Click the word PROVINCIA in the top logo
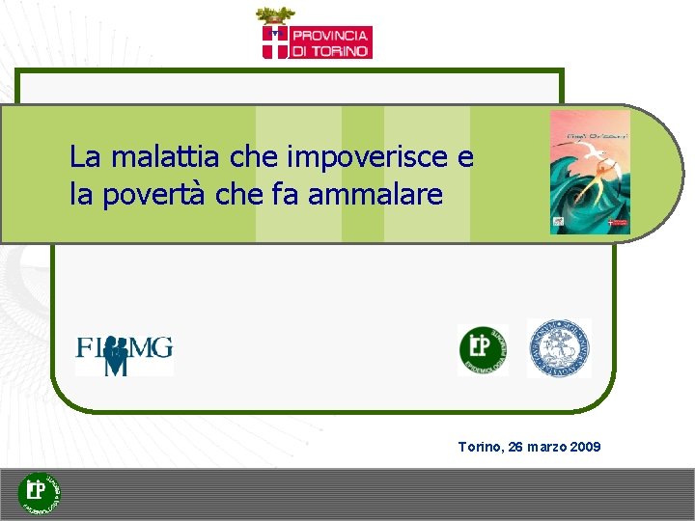332,35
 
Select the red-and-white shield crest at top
276,41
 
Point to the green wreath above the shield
276,15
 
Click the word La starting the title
84,156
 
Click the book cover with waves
590,173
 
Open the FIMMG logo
125,353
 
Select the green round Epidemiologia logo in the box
482,349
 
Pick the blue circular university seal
559,347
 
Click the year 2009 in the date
584,447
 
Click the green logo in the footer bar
41,493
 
